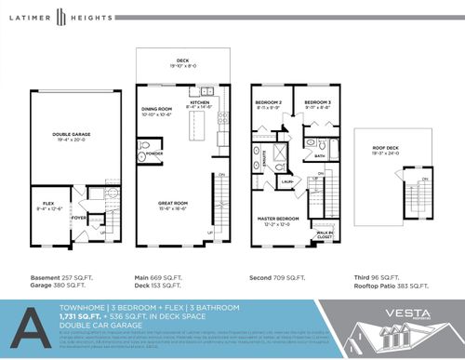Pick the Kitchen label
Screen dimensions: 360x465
[x=202, y=102]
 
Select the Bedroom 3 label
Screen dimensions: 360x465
[x=318, y=101]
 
